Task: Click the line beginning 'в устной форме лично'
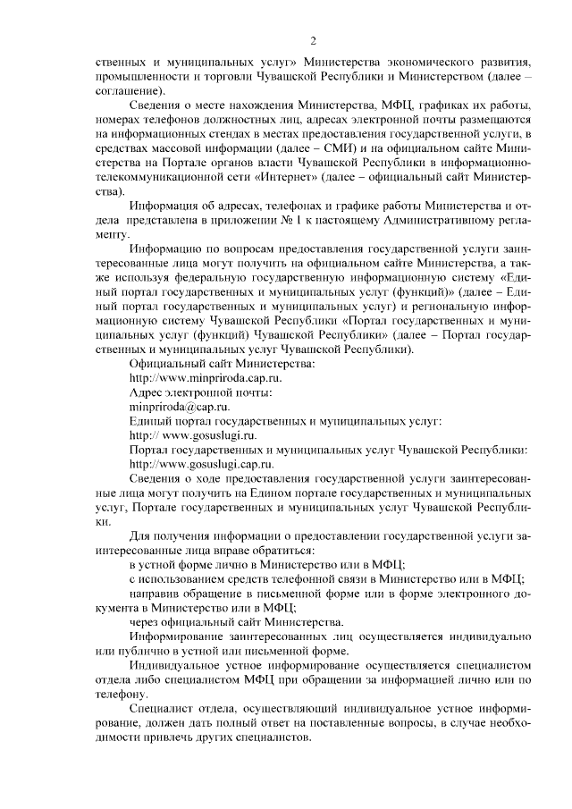pos(267,564)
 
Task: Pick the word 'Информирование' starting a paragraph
pos(178,636)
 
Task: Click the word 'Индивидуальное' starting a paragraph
pos(177,665)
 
